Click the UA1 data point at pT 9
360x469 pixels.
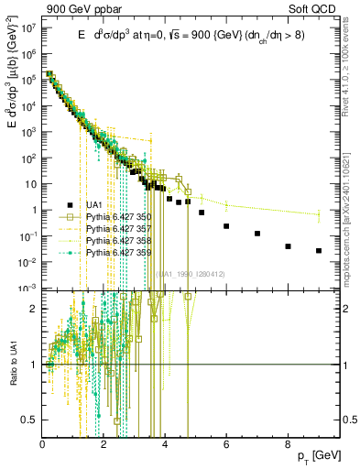319,250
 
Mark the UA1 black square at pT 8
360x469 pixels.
288,246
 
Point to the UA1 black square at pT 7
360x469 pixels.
257,234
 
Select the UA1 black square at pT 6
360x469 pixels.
226,225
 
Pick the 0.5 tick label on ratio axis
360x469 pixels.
31,420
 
